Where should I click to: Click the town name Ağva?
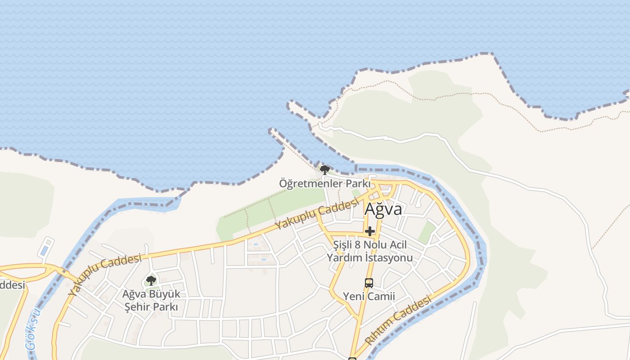(x=383, y=209)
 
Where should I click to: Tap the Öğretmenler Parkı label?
(x=324, y=184)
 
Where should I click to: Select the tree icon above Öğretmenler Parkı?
(x=324, y=170)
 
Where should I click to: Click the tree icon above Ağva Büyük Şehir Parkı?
(x=151, y=281)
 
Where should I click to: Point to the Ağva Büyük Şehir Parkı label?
(x=151, y=301)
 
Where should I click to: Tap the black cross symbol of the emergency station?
(x=370, y=231)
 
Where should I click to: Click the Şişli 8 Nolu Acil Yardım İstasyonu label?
(x=369, y=251)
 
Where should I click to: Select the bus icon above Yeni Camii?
(x=369, y=283)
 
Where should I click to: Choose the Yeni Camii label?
(x=369, y=296)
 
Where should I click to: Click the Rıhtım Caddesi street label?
(x=398, y=320)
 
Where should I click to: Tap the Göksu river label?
(x=32, y=329)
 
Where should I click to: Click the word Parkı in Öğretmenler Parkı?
(x=358, y=184)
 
